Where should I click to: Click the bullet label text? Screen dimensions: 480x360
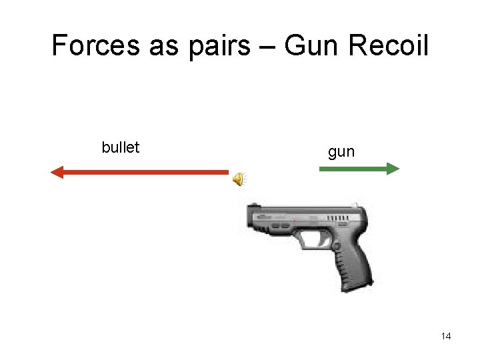[121, 147]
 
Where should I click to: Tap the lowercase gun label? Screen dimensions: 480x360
[341, 152]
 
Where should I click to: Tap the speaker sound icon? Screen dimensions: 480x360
[238, 179]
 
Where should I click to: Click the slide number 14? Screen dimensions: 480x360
[446, 336]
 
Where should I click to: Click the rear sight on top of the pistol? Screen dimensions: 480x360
[357, 204]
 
